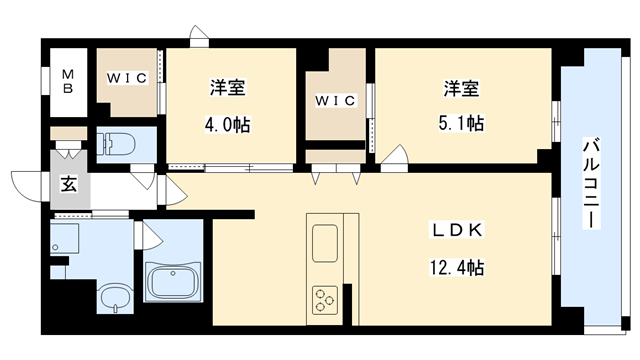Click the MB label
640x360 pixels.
[x=69, y=79]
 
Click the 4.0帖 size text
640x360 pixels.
[x=228, y=126]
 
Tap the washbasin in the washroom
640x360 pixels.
[x=114, y=297]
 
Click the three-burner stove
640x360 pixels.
[x=326, y=297]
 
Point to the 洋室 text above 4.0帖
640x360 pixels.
[x=228, y=88]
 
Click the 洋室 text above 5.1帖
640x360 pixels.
[x=462, y=88]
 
